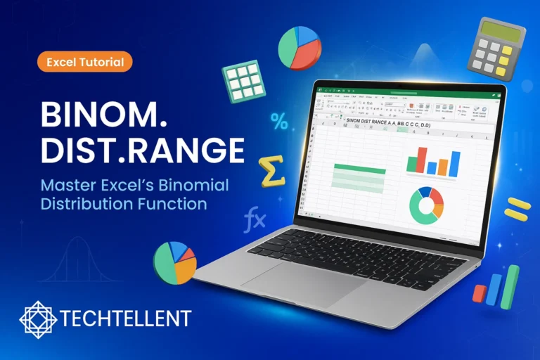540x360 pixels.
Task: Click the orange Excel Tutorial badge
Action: point(85,62)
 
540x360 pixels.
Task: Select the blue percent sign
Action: point(278,122)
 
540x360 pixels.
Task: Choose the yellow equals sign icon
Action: point(517,209)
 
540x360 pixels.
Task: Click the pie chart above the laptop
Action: point(300,48)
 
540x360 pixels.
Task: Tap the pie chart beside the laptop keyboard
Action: point(175,262)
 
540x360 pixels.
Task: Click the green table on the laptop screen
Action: point(359,178)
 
